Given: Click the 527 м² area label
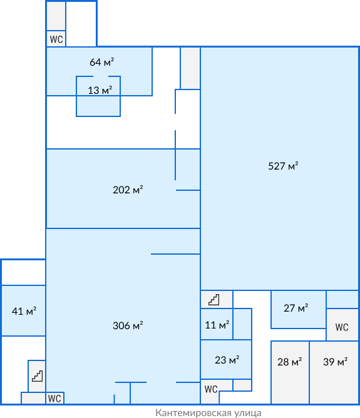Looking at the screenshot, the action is [283, 166].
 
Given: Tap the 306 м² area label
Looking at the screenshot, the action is [128, 325].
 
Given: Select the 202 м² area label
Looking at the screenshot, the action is [128, 190].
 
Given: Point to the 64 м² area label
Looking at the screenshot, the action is [101, 62].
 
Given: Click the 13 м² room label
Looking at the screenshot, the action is [100, 90].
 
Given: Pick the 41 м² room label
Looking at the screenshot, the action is [24, 311].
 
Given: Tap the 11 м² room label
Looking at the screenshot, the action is [217, 325].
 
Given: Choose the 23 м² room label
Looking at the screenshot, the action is [227, 360].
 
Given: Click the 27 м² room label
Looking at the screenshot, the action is [296, 308].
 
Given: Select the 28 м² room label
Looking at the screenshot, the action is [290, 362].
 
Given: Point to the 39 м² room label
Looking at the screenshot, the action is [335, 362].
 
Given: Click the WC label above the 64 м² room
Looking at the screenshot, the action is [56, 39].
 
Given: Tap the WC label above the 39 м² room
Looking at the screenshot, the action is [342, 327].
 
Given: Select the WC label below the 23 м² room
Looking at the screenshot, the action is [211, 389].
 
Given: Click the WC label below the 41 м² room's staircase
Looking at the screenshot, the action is [54, 399].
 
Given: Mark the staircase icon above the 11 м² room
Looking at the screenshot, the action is [214, 300].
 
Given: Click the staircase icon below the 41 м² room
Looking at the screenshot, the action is [38, 376].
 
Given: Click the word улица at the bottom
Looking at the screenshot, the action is [248, 413].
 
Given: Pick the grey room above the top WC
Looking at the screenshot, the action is [56, 16].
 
